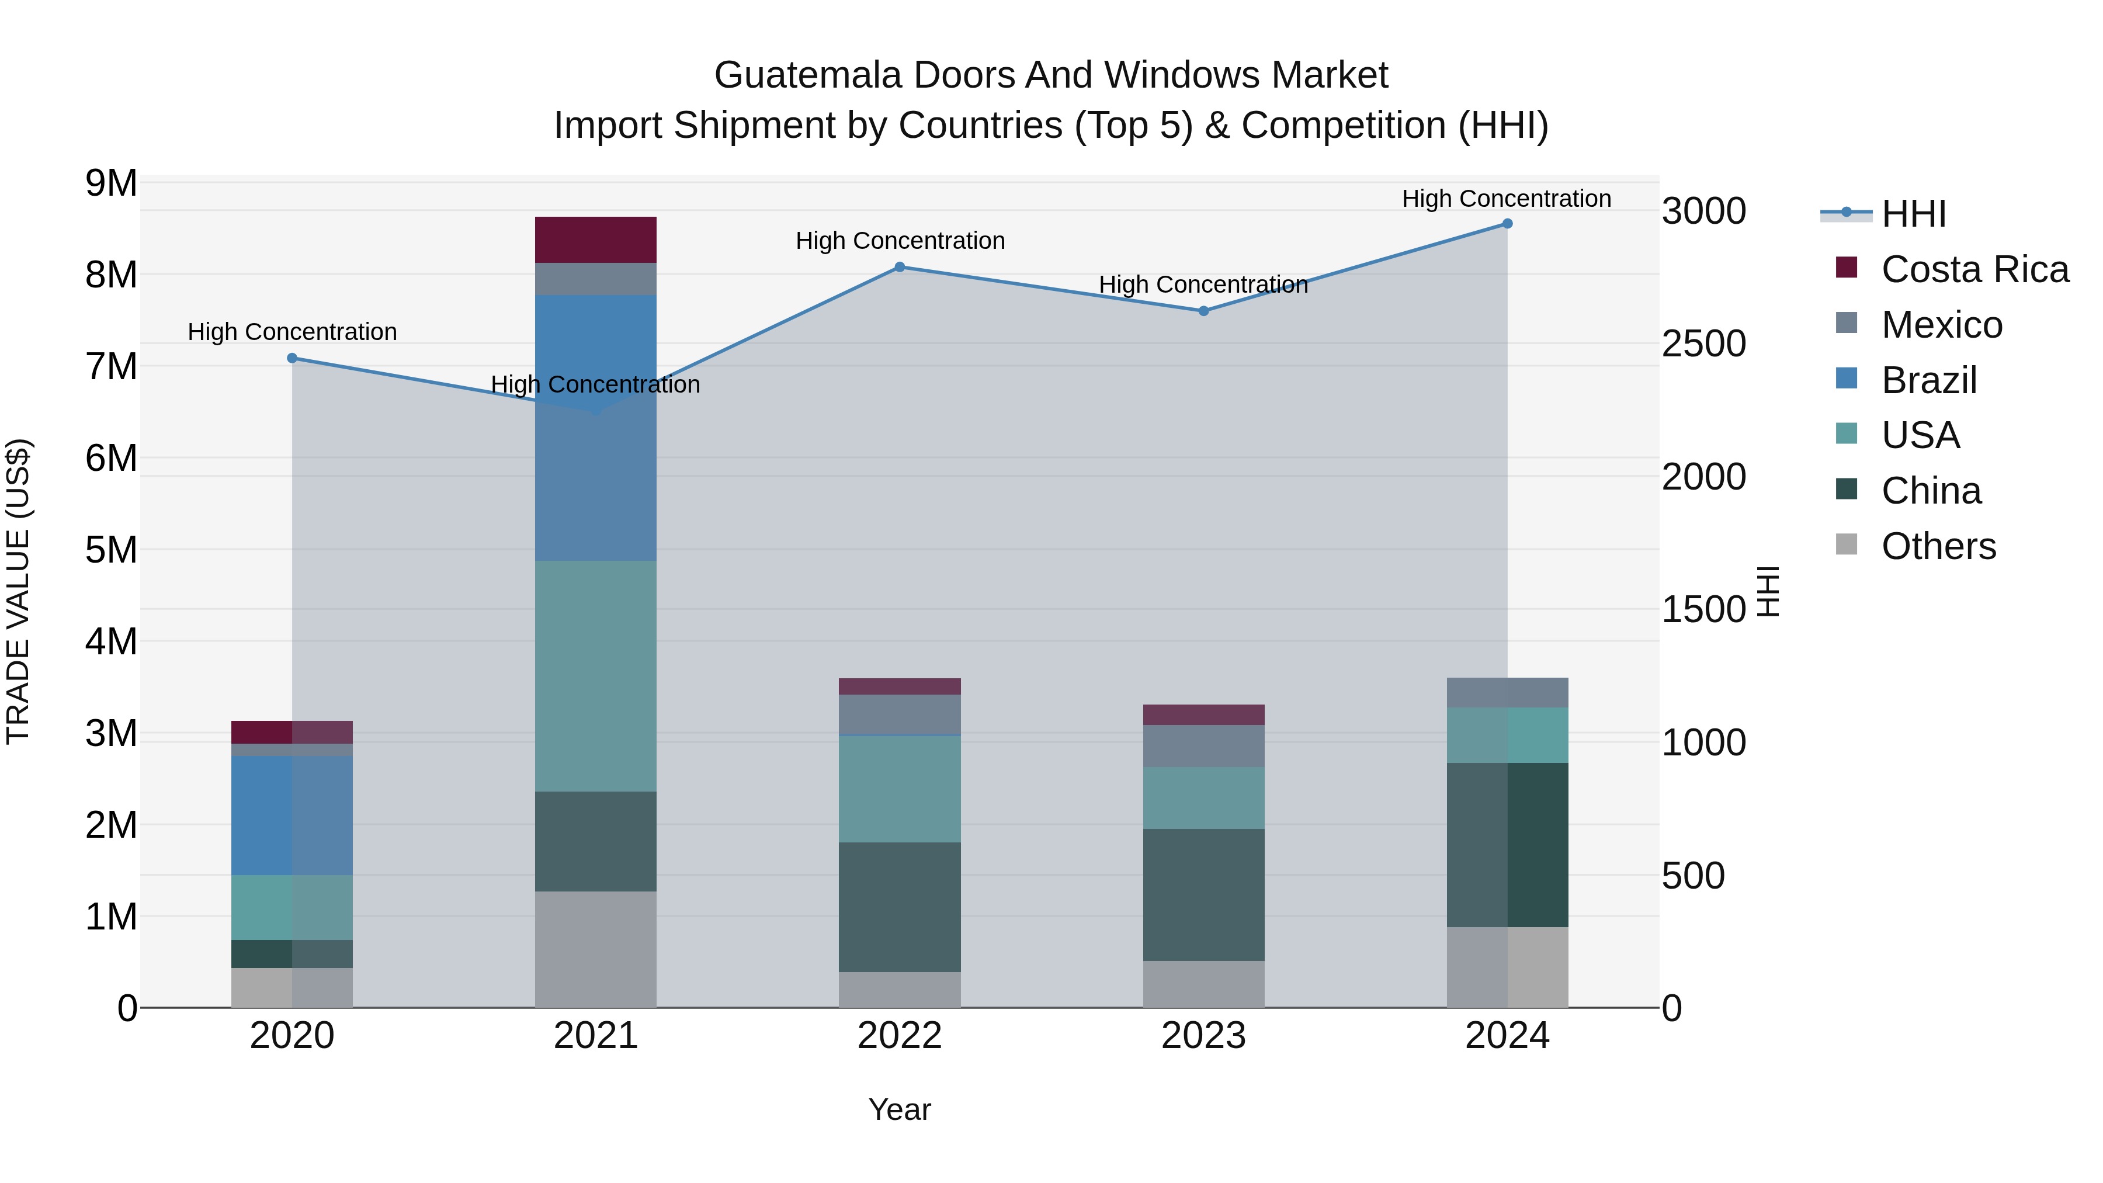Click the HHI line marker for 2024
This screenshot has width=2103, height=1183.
point(1507,224)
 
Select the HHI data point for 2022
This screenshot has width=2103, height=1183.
point(900,267)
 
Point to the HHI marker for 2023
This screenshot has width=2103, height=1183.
point(1203,311)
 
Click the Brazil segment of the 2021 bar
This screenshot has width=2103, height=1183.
point(596,427)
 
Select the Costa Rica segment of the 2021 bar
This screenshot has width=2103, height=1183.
point(596,240)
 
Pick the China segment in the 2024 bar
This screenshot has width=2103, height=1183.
point(1507,845)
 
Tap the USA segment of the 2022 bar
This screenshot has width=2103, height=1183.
point(900,789)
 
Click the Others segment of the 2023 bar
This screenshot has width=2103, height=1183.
point(1203,984)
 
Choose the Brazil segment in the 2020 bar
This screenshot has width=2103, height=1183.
point(292,815)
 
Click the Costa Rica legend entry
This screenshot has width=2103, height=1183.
point(1974,269)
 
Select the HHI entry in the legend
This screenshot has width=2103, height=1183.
point(1913,214)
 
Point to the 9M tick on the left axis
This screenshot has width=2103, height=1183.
point(111,183)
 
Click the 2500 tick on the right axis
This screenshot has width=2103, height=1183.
point(1704,344)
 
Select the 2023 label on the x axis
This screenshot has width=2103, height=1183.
point(1203,1036)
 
